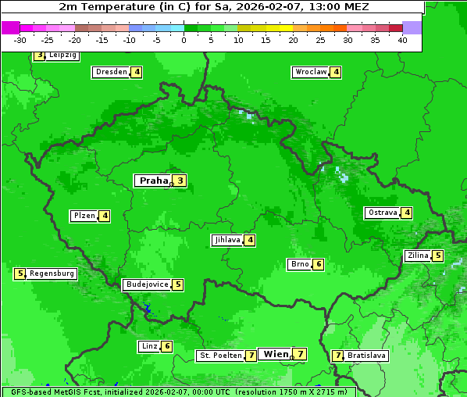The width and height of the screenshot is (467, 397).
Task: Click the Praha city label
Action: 153,181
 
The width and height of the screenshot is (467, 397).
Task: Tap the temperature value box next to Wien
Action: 300,354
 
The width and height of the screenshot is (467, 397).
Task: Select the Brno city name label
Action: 299,264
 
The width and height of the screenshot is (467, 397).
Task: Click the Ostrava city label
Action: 383,213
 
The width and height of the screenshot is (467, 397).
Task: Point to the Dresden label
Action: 111,72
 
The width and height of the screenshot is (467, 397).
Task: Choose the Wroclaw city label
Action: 310,72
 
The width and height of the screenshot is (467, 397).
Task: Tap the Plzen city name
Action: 84,216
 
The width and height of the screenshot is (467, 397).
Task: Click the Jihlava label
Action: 227,240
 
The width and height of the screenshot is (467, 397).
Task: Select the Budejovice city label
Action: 147,284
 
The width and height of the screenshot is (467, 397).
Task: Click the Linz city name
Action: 149,346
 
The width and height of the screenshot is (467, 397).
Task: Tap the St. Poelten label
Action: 220,356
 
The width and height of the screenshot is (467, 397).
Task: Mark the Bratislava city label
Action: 366,356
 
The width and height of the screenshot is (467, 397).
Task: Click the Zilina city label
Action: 417,256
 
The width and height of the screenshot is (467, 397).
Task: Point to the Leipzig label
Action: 62,55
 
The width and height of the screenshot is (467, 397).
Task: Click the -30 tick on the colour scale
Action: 20,40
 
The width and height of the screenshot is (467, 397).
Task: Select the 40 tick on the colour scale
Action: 402,40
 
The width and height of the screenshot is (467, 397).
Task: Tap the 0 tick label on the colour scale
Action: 184,40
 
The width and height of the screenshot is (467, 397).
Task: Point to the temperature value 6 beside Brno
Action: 319,264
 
